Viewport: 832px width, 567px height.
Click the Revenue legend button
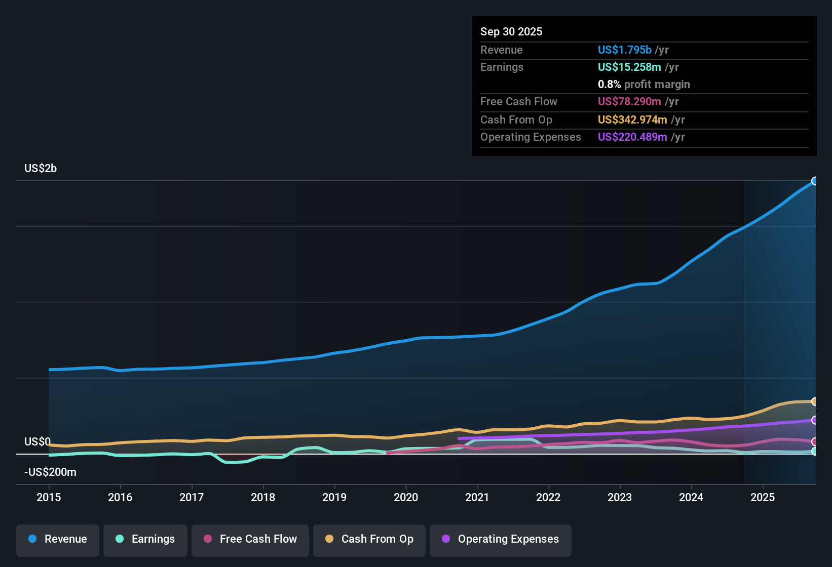click(58, 539)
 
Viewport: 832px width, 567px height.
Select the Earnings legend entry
click(145, 539)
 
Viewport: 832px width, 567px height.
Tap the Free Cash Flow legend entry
click(250, 539)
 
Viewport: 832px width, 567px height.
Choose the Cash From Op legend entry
click(369, 539)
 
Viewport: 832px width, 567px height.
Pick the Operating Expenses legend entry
click(501, 539)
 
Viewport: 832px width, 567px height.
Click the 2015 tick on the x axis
click(49, 497)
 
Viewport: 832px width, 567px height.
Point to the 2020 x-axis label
click(406, 497)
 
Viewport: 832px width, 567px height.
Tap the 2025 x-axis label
click(763, 497)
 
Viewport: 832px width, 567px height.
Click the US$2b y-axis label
click(41, 169)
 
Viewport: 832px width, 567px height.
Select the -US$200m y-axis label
click(50, 472)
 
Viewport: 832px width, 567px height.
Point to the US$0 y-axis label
click(37, 442)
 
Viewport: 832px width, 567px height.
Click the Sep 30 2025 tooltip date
click(511, 32)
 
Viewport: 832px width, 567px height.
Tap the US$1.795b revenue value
click(624, 50)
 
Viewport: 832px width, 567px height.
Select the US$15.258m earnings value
click(629, 67)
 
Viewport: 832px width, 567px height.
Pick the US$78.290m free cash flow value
click(629, 102)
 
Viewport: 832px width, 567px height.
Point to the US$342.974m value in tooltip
click(632, 120)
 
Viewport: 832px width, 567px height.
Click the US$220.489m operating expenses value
click(632, 137)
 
